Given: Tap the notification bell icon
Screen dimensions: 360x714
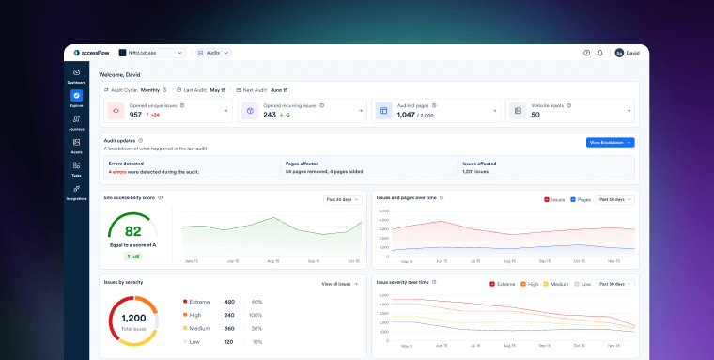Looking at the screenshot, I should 600,53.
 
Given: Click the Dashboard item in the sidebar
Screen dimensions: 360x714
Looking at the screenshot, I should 76,75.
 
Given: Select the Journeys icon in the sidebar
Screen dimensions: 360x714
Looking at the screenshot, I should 76,121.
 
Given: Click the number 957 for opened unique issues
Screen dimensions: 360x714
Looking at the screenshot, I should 136,115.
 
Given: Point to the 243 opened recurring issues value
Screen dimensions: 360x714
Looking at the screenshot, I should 269,115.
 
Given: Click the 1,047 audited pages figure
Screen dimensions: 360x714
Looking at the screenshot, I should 406,115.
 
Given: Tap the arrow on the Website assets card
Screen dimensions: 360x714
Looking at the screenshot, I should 627,110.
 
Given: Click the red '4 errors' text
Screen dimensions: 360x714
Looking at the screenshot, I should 117,172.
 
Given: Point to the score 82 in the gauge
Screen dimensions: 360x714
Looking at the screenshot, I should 132,231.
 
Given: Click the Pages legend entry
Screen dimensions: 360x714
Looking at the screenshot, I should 580,200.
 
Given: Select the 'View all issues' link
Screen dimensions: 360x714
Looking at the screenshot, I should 340,283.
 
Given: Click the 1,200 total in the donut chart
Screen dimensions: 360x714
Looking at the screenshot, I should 132,319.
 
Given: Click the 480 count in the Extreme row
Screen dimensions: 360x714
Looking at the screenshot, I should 229,302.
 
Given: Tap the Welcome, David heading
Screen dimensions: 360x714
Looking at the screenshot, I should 119,73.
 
